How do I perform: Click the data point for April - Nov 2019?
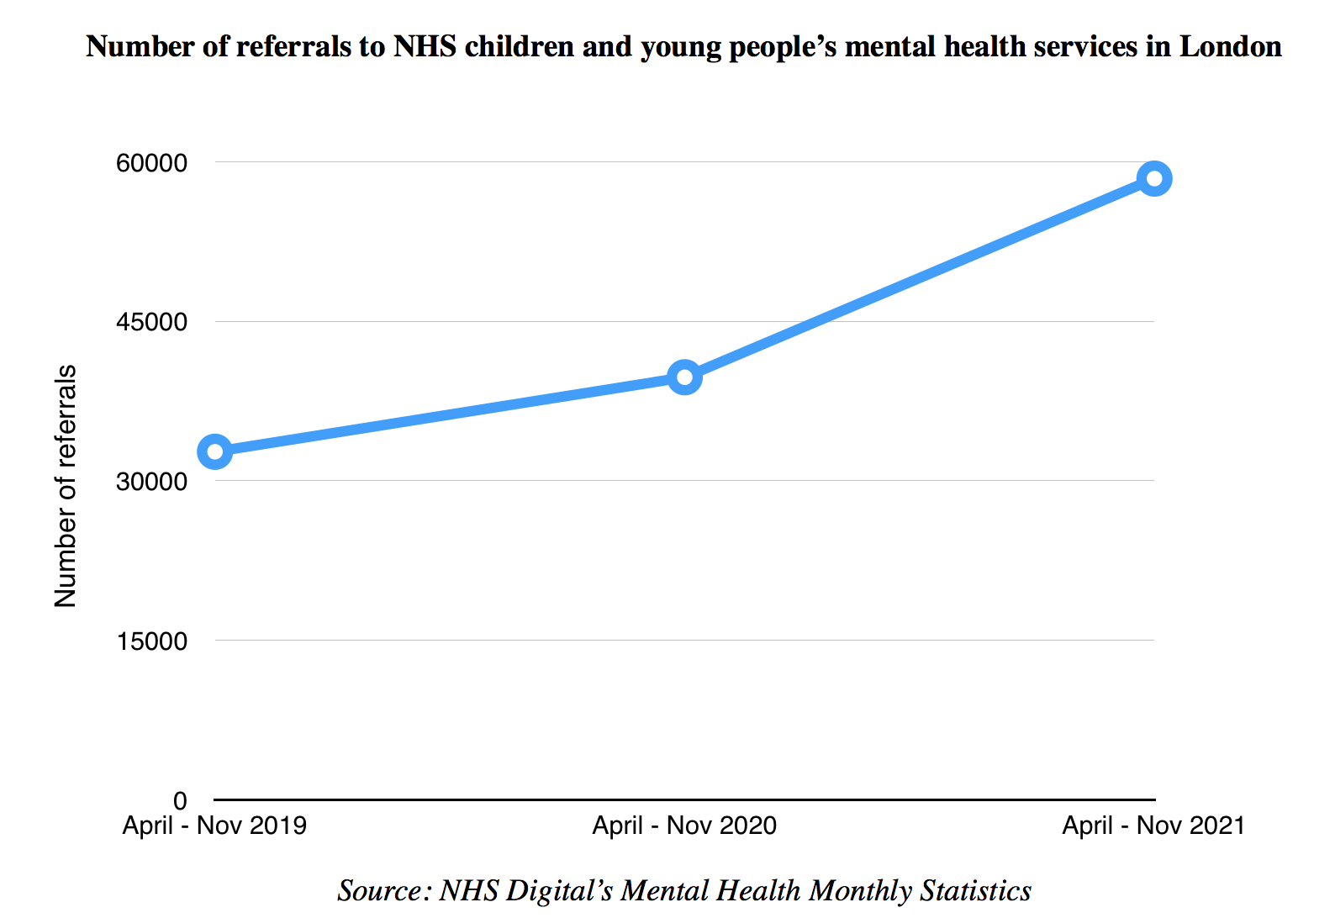(215, 451)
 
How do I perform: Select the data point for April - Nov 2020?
(685, 377)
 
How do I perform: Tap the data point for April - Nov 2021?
(1154, 178)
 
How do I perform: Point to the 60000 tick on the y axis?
(151, 162)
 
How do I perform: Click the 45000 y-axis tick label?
(151, 322)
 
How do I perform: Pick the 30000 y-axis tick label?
(151, 482)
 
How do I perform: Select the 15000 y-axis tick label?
(151, 641)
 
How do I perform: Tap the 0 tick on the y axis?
(180, 800)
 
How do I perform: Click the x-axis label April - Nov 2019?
(214, 826)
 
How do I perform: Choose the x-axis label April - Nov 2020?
(684, 826)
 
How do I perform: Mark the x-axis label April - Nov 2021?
(1153, 826)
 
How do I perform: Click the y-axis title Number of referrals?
(66, 486)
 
